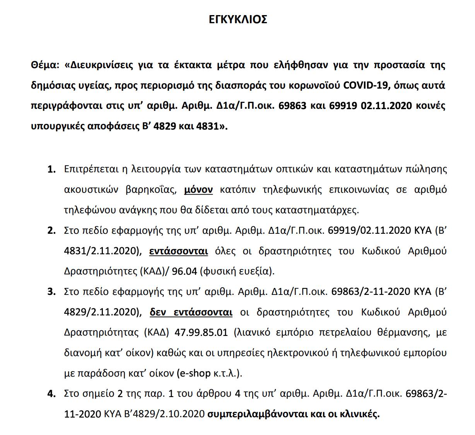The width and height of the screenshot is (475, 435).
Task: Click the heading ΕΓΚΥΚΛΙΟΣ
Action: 237,19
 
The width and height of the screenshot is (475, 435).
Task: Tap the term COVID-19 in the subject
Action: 366,85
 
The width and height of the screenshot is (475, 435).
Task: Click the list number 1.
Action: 51,169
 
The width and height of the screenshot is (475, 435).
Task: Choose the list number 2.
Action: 51,231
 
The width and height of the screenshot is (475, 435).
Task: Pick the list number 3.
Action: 51,292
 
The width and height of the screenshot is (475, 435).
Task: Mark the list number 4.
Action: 51,394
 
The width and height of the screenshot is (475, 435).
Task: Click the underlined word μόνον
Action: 198,190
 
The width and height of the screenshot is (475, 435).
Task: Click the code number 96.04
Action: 185,271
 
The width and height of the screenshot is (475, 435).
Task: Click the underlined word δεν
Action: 158,312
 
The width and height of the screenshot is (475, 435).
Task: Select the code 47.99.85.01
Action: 201,333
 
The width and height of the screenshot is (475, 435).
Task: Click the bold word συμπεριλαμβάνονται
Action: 257,414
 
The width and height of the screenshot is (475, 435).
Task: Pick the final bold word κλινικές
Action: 359,414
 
